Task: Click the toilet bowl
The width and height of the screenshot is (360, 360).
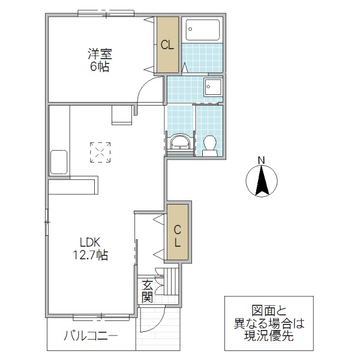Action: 209,144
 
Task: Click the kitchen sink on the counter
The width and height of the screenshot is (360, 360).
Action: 59,162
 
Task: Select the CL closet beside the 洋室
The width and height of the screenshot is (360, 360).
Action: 167,44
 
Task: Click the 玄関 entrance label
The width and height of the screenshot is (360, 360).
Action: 147,290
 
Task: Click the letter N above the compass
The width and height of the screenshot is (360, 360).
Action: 261,160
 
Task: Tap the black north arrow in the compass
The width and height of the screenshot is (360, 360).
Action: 262,182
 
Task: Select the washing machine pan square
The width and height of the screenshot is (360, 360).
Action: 212,88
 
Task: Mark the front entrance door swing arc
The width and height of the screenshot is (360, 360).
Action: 152,321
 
